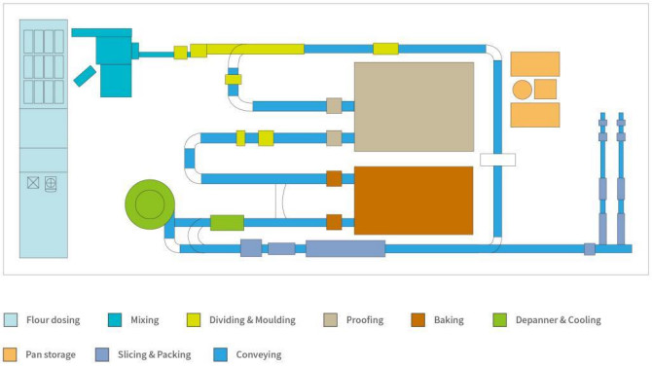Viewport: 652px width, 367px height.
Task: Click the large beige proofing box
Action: click(x=414, y=106)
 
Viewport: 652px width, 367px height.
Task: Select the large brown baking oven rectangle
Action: click(x=414, y=200)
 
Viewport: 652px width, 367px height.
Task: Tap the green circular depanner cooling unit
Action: click(x=149, y=204)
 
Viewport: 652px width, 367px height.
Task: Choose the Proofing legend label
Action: click(x=364, y=319)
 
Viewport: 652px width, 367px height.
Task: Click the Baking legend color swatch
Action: click(x=417, y=319)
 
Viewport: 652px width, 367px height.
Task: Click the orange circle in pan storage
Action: click(x=522, y=90)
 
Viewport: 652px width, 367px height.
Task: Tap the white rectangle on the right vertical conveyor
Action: click(x=497, y=159)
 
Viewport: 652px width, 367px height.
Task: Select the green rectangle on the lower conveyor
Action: click(x=227, y=222)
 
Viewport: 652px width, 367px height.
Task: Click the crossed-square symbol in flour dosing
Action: click(x=33, y=183)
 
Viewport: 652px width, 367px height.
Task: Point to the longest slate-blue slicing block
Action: click(x=344, y=248)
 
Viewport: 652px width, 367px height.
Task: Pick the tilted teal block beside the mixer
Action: click(x=85, y=76)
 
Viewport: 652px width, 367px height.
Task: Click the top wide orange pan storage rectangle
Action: click(x=535, y=63)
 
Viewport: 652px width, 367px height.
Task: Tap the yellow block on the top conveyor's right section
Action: click(x=385, y=48)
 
